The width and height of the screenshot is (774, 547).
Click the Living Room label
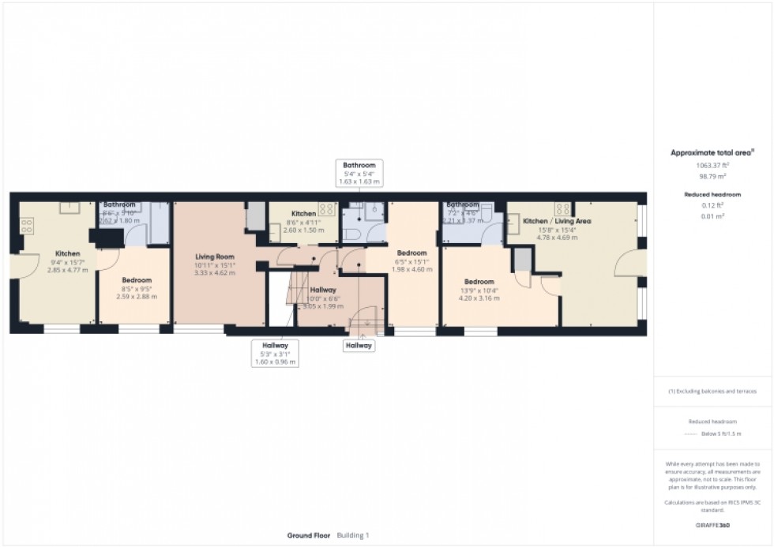click(x=215, y=257)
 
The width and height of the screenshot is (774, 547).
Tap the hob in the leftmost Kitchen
click(x=27, y=225)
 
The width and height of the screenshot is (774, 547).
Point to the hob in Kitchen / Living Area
click(x=564, y=209)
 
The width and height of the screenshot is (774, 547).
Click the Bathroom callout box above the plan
click(x=359, y=173)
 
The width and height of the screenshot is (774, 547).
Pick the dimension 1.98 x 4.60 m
click(x=411, y=269)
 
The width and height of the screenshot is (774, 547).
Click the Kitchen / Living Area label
click(x=557, y=221)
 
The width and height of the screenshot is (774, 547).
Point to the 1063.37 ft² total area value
click(x=712, y=165)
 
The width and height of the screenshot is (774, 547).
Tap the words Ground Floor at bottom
click(x=309, y=535)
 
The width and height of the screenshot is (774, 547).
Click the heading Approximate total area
click(x=712, y=152)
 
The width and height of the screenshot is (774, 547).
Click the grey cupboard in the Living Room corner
click(x=256, y=215)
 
